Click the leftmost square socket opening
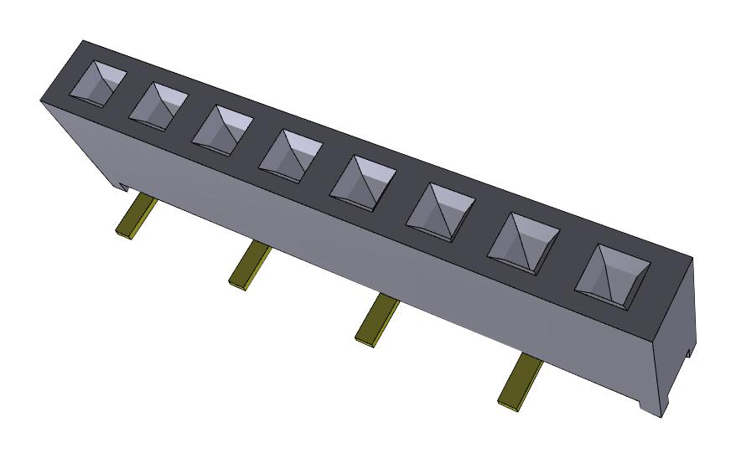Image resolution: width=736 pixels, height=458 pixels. pos(99,84)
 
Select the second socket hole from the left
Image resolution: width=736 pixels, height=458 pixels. pos(158,105)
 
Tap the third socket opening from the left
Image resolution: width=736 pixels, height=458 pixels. pos(222,130)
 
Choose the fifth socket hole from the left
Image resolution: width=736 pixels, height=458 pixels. pos(362,182)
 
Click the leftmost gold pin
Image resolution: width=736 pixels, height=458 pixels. pos(135,219)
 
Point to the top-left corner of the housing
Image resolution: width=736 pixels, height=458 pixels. pos(81,41)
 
